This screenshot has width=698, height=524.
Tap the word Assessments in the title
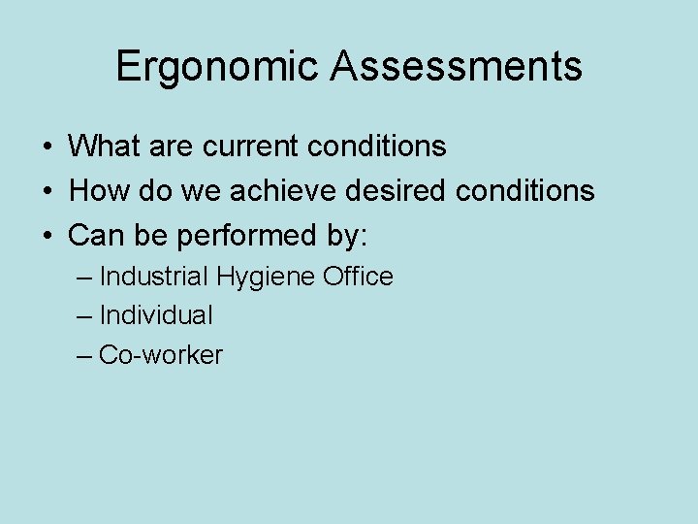pyautogui.click(x=456, y=67)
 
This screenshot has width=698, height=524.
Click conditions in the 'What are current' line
pyautogui.click(x=377, y=147)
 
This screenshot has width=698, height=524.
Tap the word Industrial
pyautogui.click(x=153, y=277)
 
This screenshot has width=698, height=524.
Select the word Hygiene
pyautogui.click(x=266, y=278)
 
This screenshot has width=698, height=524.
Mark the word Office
pyautogui.click(x=358, y=277)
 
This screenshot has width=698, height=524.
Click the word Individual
pyautogui.click(x=156, y=315)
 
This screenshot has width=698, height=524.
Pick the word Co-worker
pyautogui.click(x=161, y=355)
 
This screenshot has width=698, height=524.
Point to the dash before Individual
pyautogui.click(x=84, y=316)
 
